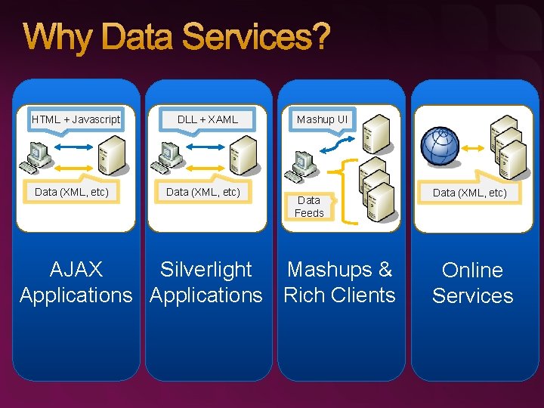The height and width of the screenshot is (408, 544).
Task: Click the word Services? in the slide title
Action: [264, 38]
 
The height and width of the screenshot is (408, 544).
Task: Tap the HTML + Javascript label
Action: [76, 119]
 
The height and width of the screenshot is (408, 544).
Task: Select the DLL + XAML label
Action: [208, 119]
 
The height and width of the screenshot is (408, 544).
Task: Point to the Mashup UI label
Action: [323, 119]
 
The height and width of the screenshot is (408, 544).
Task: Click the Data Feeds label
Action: [309, 206]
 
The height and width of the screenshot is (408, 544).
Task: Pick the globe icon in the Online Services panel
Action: [441, 146]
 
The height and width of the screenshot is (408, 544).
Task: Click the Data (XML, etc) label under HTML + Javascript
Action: [72, 192]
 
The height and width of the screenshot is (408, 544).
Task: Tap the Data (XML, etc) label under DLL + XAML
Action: [203, 192]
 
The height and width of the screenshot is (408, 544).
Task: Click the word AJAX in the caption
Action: [76, 269]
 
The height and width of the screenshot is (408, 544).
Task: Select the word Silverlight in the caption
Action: [206, 269]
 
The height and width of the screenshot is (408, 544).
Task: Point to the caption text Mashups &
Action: [340, 269]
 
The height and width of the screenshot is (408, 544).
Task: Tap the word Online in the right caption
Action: [472, 270]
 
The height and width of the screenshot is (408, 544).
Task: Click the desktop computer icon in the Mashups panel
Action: [304, 165]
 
